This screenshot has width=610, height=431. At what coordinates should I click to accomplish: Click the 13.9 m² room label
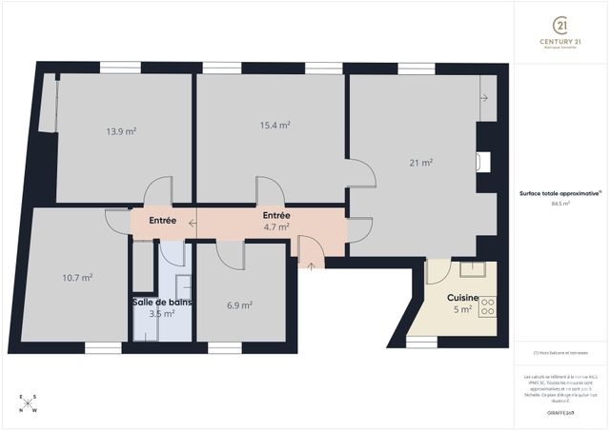click(121, 131)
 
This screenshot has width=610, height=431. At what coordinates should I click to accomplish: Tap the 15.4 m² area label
click(275, 125)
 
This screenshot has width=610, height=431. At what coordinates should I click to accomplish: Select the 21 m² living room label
click(421, 163)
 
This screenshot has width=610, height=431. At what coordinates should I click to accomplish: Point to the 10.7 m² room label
click(77, 278)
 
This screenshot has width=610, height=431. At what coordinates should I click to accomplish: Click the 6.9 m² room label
click(239, 305)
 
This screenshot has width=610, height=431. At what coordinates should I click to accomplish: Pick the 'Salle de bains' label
click(162, 302)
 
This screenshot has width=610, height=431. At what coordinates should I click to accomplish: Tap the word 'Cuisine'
click(463, 298)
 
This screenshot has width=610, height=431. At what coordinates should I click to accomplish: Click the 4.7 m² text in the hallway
click(275, 227)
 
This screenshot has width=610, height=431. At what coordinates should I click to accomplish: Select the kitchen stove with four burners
click(487, 306)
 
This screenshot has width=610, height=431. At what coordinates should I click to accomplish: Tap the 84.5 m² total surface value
click(560, 203)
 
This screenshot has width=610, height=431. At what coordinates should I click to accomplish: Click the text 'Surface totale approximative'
click(559, 192)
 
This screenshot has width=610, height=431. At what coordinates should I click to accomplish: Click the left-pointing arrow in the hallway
click(193, 225)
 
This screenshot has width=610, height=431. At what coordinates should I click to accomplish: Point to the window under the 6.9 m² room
click(225, 348)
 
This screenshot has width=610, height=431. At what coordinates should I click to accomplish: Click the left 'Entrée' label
click(163, 221)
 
